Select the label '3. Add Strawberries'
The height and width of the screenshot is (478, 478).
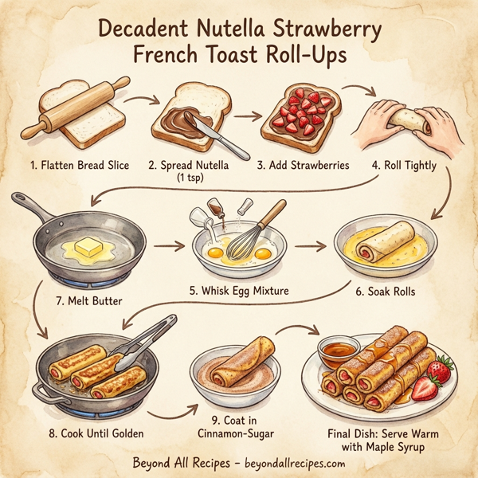click(x=304, y=166)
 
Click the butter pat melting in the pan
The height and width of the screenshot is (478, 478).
click(x=90, y=249)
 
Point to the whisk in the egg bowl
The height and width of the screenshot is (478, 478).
click(x=253, y=235)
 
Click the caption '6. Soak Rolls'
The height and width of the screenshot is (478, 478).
click(x=386, y=292)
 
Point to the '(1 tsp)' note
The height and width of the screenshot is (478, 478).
click(x=189, y=178)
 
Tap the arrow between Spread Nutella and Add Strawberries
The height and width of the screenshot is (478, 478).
click(x=247, y=116)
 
